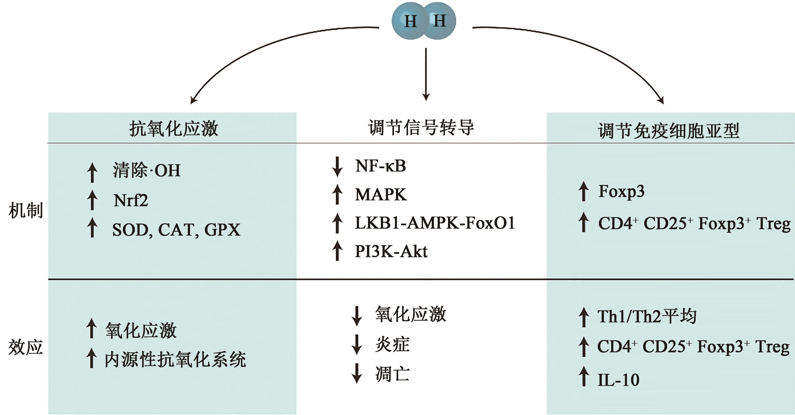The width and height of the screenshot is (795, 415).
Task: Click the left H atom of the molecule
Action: click(410, 21)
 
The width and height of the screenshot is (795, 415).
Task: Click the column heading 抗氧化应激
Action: click(174, 129)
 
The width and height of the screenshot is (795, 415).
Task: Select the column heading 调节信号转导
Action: click(421, 127)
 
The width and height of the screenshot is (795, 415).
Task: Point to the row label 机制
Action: click(26, 210)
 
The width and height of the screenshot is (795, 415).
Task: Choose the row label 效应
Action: click(26, 347)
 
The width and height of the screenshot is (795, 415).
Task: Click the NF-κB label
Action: click(380, 166)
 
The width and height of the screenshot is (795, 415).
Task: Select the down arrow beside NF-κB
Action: click(337, 167)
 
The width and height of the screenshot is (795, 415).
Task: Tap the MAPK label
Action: click(381, 195)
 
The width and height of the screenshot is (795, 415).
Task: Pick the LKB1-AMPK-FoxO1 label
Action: click(435, 223)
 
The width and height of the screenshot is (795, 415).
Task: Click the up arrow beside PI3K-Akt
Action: click(337, 251)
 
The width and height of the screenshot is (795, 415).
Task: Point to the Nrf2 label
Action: click(131, 201)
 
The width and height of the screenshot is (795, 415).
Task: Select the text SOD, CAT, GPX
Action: click(176, 230)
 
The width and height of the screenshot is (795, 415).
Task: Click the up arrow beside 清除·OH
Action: click(92, 172)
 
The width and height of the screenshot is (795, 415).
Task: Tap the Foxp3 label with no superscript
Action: click(621, 192)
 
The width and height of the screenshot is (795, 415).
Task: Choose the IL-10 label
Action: click(618, 380)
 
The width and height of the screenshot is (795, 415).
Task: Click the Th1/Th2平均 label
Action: click(647, 316)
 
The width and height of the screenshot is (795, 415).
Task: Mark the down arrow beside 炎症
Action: click(357, 344)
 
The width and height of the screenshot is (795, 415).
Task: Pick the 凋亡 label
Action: click(392, 374)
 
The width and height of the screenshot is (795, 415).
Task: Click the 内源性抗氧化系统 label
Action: click(175, 360)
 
